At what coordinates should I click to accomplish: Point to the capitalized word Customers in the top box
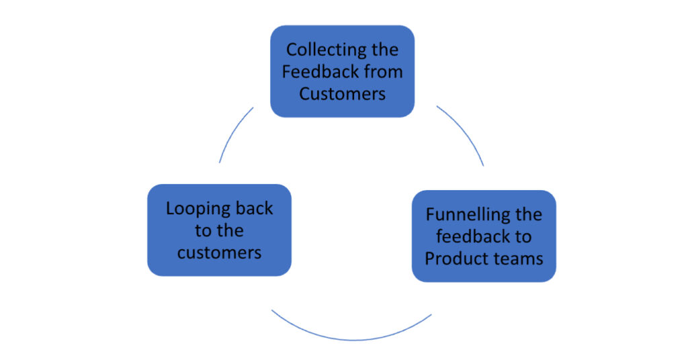pyautogui.click(x=343, y=93)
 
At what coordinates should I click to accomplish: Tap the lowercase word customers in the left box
pyautogui.click(x=219, y=253)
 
